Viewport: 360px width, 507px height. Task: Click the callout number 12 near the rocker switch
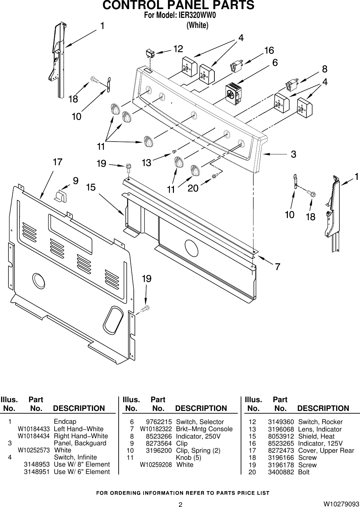pos(178,49)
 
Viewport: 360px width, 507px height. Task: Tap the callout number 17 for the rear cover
pos(58,162)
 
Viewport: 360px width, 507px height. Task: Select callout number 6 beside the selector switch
pos(275,63)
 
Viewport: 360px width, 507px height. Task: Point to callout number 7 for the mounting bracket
pos(277,267)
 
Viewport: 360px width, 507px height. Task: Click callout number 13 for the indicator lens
pos(146,163)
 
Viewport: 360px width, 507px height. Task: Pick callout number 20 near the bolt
pos(193,188)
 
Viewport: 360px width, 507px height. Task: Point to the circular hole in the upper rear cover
pos(39,280)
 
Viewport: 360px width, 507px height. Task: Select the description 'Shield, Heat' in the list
pos(316,436)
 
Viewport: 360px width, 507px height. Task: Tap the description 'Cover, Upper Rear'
pos(326,451)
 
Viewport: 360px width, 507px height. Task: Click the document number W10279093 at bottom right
pos(341,504)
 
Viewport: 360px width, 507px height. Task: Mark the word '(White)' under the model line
pos(198,26)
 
